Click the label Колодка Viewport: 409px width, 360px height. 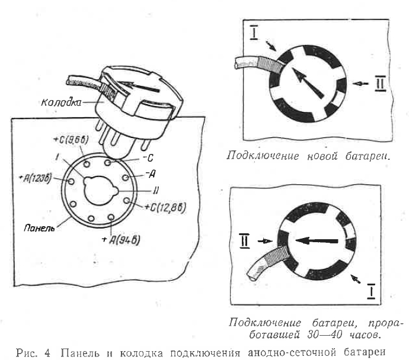[62, 102]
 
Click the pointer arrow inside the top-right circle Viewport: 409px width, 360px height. [308, 83]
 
